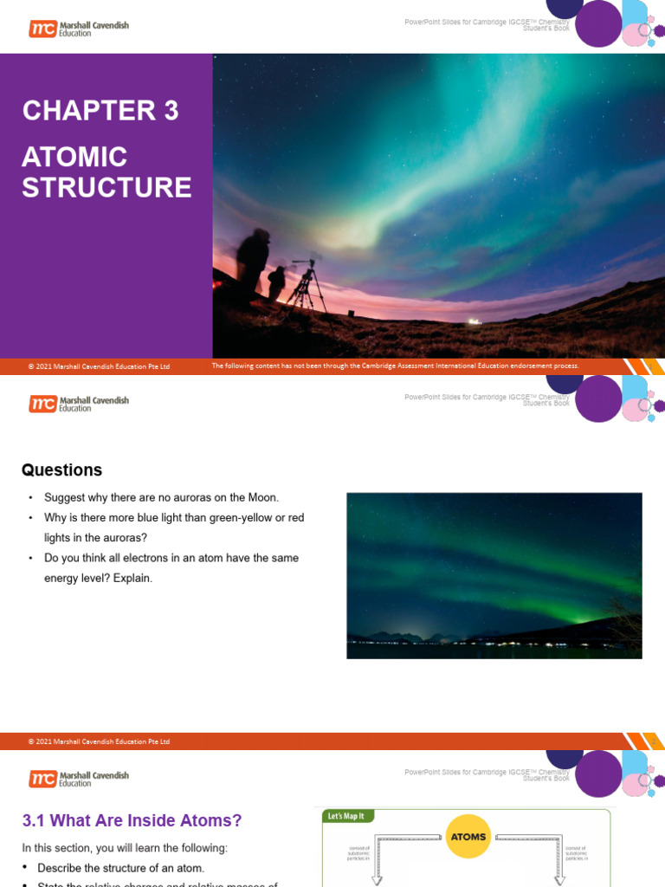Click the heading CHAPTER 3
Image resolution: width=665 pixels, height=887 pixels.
pos(100,111)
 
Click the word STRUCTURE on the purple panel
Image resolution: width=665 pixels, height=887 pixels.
pos(107,188)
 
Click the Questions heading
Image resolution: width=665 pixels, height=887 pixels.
pos(61,470)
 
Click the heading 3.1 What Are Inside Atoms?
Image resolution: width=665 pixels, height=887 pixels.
pos(132,820)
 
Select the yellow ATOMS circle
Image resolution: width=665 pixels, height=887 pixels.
pos(468,837)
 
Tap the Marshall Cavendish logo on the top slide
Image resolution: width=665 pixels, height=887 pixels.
pos(79,29)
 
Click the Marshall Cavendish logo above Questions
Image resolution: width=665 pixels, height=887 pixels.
pos(79,404)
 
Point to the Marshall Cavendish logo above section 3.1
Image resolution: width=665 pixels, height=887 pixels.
pos(79,779)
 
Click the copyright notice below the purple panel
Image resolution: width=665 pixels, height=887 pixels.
pos(99,366)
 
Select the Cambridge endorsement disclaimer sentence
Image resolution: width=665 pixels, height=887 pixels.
pos(395,366)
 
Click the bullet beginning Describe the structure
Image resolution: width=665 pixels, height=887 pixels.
pos(120,868)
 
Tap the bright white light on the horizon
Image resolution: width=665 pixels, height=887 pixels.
pos(474,321)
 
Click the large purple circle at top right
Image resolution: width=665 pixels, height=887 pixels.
pos(598,23)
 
